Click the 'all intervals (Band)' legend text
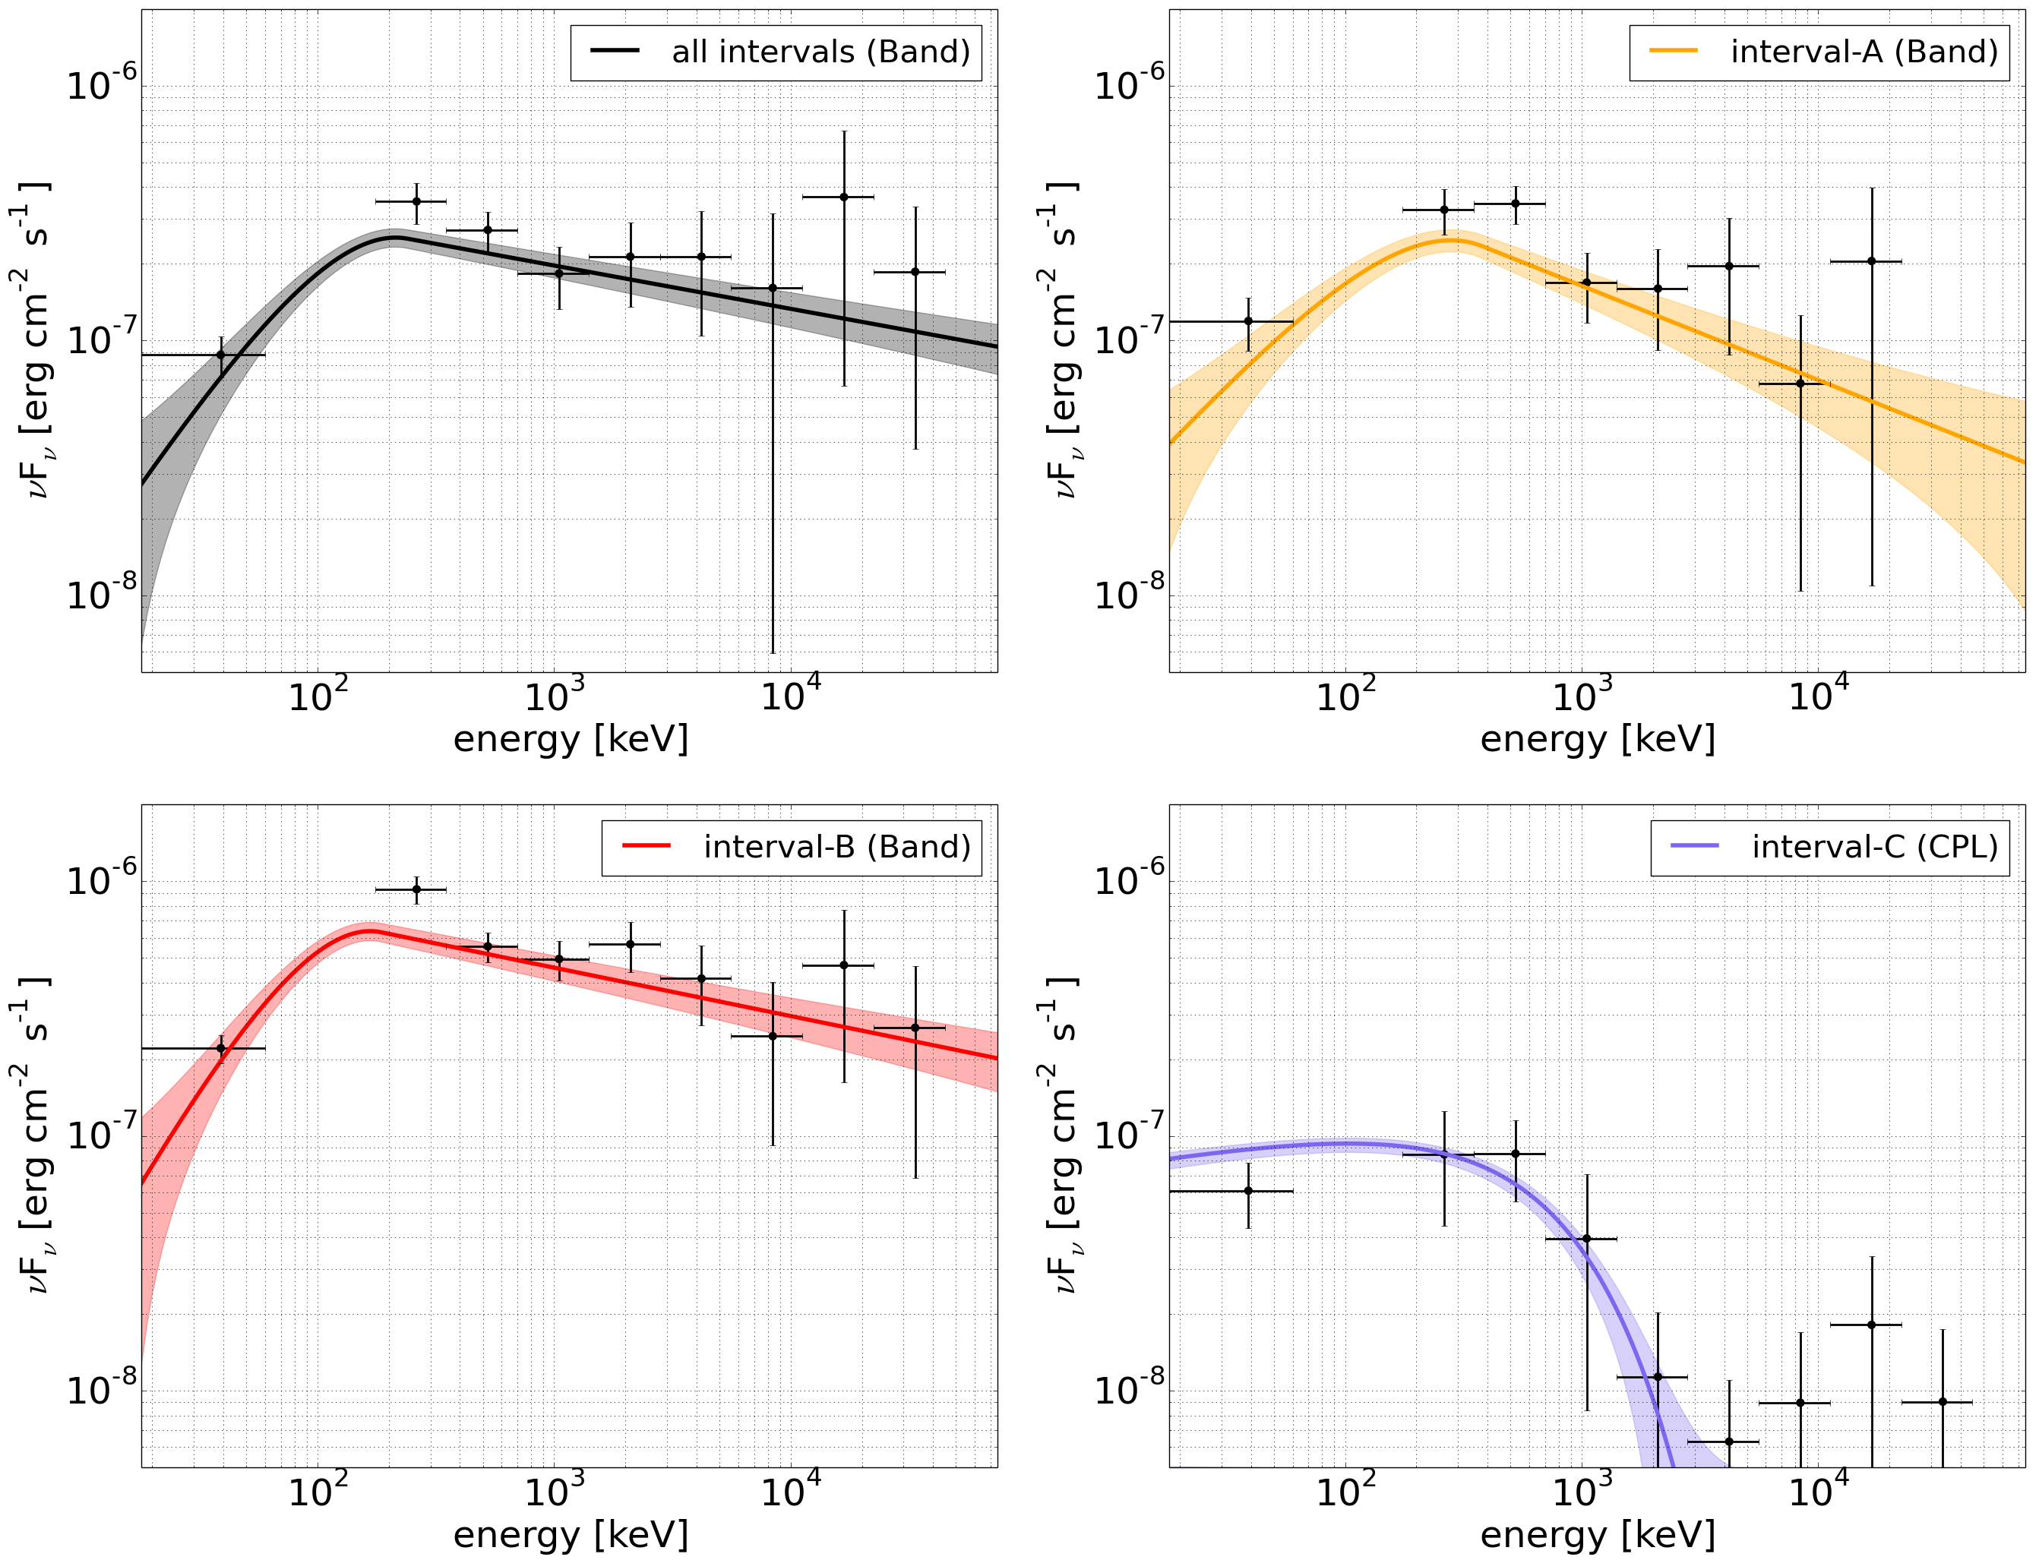[x=820, y=52]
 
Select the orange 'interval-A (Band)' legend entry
[x=1864, y=52]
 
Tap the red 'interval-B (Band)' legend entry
[x=836, y=848]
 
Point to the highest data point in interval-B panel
[x=416, y=889]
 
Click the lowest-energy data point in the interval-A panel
[x=1247, y=321]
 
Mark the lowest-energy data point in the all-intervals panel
[x=220, y=355]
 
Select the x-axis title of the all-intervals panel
[x=571, y=739]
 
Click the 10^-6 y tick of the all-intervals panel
[x=101, y=84]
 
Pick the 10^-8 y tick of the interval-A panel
[x=1129, y=594]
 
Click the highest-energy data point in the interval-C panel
[x=1943, y=1402]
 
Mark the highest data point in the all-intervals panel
[x=843, y=197]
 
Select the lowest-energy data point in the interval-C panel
[x=1247, y=1190]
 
